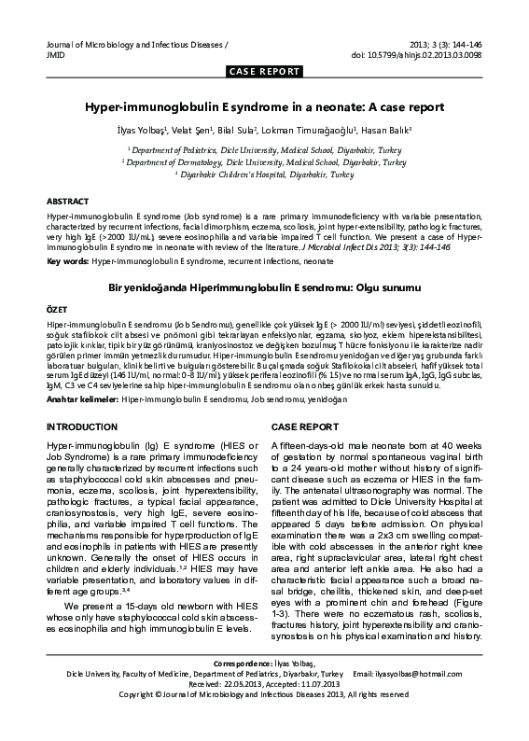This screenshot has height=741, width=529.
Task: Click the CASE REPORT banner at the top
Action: [264, 72]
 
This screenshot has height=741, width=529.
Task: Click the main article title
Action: [264, 107]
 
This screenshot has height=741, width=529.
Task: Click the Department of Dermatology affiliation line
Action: [264, 161]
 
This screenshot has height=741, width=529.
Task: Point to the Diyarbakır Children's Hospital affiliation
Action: [264, 175]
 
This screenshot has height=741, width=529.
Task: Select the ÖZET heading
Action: [57, 307]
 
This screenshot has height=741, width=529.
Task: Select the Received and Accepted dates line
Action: [264, 709]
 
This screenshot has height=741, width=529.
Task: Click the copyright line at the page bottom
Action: [264, 720]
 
